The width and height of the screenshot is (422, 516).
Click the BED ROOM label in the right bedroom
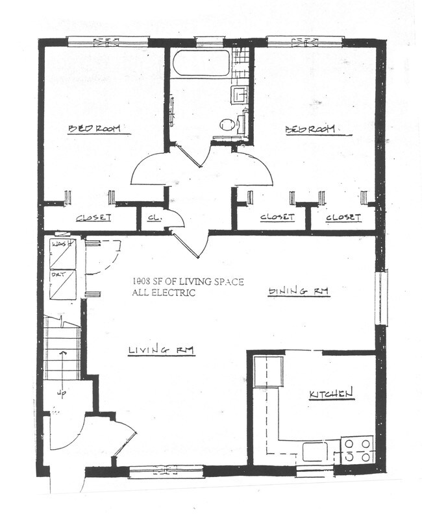click(311, 129)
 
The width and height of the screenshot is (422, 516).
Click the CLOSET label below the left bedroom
click(93, 218)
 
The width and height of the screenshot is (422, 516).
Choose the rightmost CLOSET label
click(343, 217)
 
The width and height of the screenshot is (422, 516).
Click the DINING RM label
click(299, 292)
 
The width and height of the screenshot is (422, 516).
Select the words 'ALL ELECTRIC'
click(163, 293)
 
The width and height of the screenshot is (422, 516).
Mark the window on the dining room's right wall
click(380, 298)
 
